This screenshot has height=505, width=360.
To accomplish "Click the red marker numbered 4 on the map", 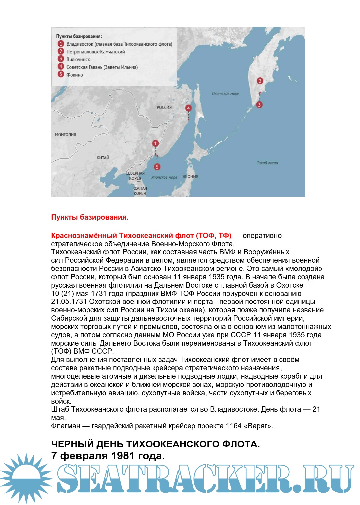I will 188,108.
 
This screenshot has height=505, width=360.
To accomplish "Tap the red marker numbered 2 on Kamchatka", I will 260,81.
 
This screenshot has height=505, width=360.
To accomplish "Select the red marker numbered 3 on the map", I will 259,105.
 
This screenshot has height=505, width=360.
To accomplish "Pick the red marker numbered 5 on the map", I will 157,167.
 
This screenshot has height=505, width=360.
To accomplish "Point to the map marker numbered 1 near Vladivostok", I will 155,143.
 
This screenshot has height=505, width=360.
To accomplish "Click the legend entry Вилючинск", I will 78,59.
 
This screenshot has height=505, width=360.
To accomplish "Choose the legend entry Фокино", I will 74,75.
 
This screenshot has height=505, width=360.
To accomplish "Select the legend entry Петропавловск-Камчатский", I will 95,52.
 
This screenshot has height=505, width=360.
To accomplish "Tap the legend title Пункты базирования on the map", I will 79,36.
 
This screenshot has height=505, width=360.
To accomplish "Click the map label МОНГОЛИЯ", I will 65,135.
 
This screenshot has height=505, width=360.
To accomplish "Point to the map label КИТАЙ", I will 103,158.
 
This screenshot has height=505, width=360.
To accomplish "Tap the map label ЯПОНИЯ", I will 190,176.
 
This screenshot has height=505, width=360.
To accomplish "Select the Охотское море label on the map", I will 225,94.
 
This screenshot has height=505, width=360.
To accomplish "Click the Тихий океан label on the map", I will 267,163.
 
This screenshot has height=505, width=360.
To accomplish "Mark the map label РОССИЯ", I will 164,107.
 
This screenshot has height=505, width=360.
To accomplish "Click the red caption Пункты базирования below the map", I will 90,217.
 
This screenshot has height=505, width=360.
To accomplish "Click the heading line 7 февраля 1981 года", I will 108,456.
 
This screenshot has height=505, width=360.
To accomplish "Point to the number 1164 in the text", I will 234,426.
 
